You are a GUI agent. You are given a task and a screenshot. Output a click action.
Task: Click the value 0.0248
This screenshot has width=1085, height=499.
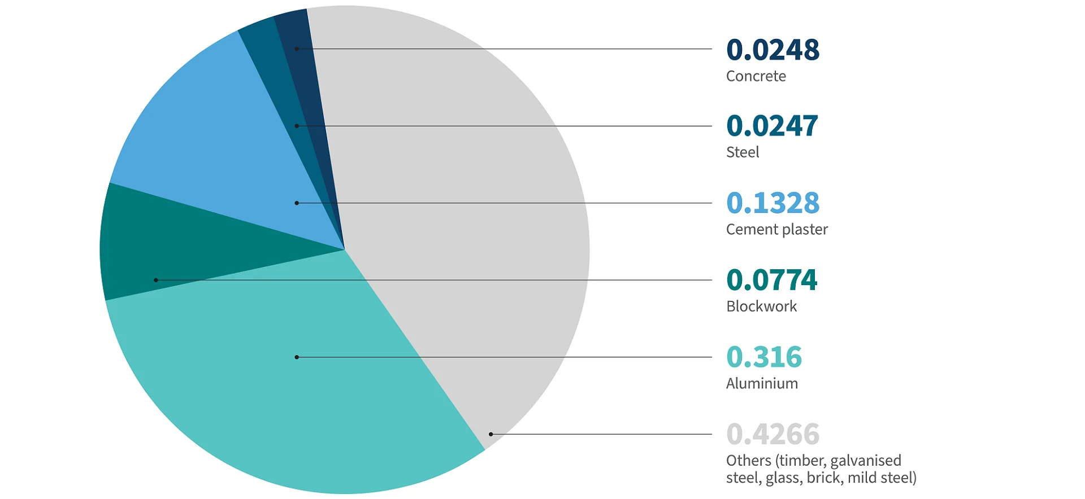[x=772, y=50]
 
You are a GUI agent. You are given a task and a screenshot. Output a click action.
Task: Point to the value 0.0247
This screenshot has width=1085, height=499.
[x=772, y=126]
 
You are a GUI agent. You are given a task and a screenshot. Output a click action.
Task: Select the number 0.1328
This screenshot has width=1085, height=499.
[x=772, y=203]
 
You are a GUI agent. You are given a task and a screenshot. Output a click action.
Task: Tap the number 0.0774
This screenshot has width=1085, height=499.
[x=772, y=280]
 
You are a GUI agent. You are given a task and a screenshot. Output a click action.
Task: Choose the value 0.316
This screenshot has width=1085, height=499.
[x=764, y=357]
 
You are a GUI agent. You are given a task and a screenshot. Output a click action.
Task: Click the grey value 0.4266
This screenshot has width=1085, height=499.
[x=772, y=434]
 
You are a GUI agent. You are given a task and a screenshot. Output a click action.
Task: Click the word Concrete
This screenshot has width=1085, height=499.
[x=756, y=76]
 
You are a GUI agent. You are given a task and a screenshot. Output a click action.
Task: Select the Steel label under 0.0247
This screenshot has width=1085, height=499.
[x=743, y=152]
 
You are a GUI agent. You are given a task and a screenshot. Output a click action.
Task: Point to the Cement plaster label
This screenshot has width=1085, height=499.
[x=776, y=230]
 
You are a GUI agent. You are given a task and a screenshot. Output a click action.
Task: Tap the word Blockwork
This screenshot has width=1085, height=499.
[x=761, y=307]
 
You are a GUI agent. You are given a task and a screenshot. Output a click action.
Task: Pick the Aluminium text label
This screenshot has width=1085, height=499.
[x=762, y=384]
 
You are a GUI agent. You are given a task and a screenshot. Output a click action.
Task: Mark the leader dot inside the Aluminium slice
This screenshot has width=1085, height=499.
[x=297, y=357]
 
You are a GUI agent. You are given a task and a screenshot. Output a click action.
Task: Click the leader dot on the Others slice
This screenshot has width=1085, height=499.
[x=491, y=434]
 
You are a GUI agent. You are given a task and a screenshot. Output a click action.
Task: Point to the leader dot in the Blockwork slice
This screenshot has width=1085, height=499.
[x=156, y=280]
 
